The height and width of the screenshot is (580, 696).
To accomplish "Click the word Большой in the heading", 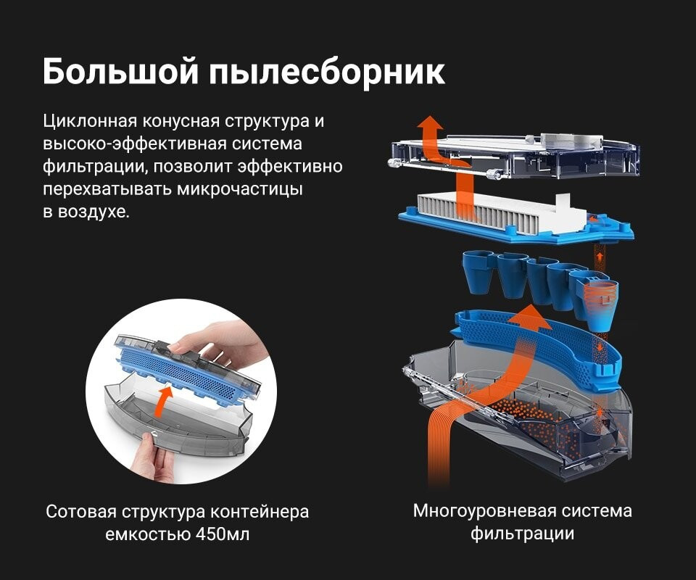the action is tap(120, 72).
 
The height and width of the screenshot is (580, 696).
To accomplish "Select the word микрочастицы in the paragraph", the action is tap(240, 189).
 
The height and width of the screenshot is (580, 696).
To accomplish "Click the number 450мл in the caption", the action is tap(223, 534).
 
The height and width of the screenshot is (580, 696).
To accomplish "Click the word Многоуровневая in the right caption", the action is tap(484, 511).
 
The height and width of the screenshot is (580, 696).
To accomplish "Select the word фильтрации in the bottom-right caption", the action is tap(523, 534).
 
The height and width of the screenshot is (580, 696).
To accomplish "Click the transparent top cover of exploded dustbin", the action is tap(515, 155).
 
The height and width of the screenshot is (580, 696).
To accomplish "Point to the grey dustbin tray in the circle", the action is tap(178, 426).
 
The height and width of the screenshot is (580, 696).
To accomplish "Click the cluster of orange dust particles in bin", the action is tap(546, 421).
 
